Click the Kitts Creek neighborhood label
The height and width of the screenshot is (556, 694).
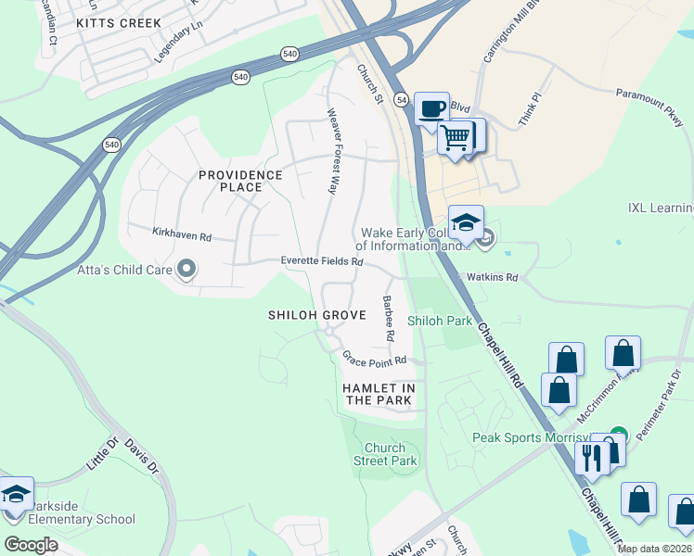119,22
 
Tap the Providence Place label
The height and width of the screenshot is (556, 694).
240,181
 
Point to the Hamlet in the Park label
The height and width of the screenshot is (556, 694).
378,394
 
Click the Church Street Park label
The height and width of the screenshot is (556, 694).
385,454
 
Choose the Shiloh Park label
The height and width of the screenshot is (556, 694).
440,321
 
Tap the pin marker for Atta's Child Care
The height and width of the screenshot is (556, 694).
186,270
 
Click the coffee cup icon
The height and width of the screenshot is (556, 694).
431,109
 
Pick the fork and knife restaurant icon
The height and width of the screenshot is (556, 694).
591,457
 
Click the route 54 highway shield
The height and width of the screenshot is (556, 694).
402,98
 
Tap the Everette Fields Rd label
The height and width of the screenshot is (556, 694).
322,262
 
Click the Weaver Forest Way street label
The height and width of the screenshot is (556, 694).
330,151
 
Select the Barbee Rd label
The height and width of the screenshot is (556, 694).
389,318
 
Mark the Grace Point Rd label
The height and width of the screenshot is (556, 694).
375,359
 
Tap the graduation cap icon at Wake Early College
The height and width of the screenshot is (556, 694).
466,223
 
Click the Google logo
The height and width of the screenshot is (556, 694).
31,545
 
